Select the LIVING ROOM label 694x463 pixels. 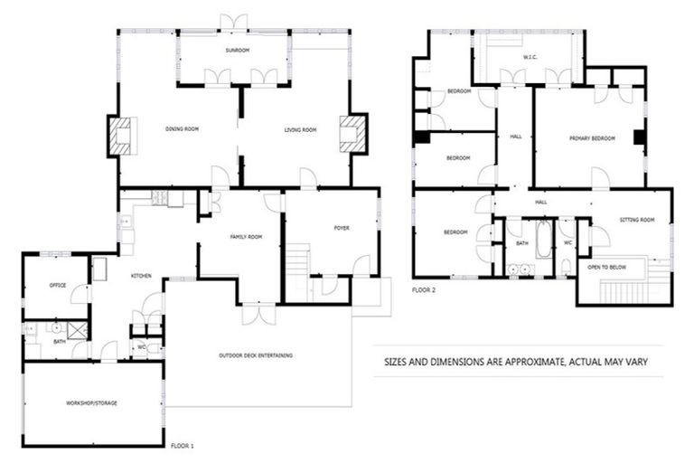pos(300,130)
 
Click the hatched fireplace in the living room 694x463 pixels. pos(351,134)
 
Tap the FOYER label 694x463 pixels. pos(341,228)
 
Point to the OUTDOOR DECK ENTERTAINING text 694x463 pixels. pos(256,355)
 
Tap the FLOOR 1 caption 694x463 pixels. pos(182,446)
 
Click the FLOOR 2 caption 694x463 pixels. pos(424,290)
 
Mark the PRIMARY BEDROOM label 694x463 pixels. pos(592,138)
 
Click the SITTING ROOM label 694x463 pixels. pos(637,220)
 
